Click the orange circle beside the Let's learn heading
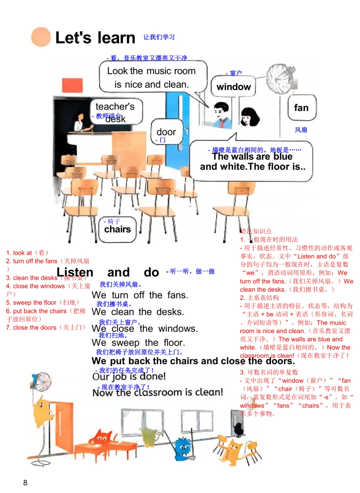[x=41, y=37]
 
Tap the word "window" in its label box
[x=234, y=87]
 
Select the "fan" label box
[x=301, y=108]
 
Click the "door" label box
[x=166, y=132]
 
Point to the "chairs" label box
[x=117, y=229]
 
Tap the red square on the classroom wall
[x=72, y=85]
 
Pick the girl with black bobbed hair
[x=249, y=117]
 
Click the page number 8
[x=25, y=483]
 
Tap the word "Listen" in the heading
[x=75, y=272]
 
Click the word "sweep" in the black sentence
[x=125, y=343]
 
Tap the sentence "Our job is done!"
[x=129, y=377]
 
